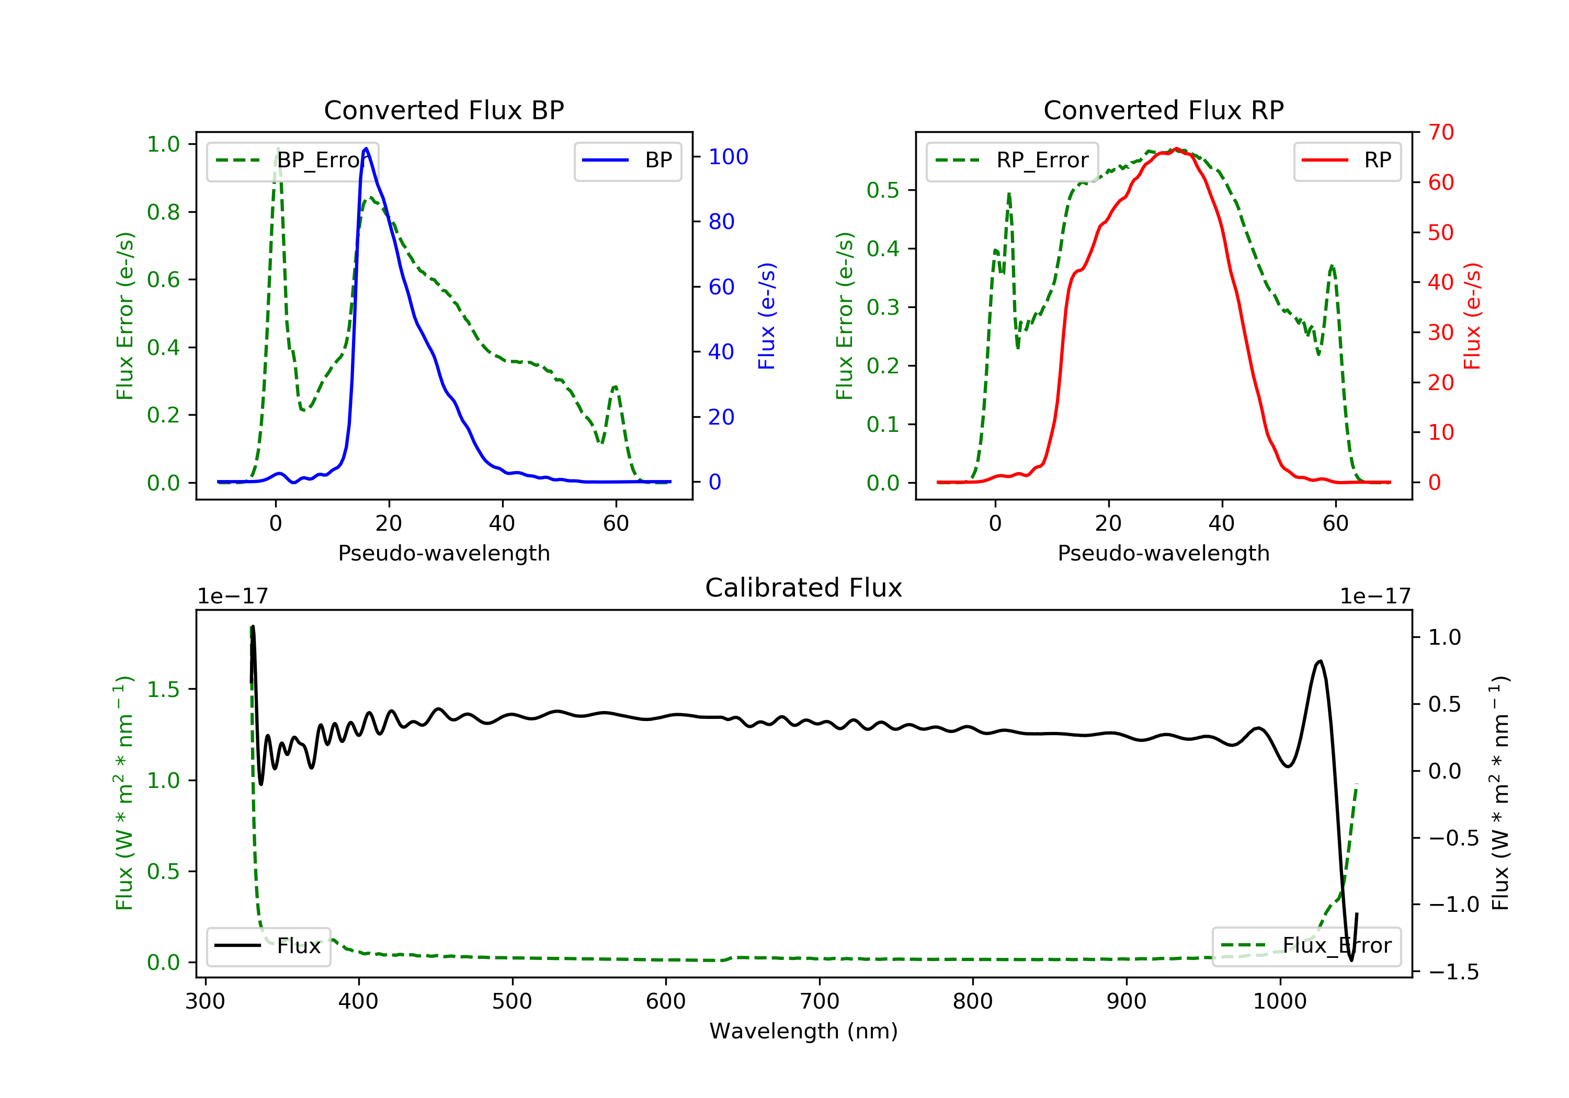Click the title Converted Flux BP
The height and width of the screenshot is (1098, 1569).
tap(444, 110)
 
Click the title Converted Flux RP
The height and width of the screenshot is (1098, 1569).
tap(1163, 110)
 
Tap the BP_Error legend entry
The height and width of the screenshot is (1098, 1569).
tap(292, 161)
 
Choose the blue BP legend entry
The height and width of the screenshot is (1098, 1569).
tap(627, 161)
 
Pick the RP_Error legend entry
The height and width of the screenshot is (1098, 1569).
tap(1012, 161)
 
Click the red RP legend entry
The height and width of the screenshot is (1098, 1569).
tap(1347, 161)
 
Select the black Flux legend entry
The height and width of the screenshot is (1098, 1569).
tap(268, 946)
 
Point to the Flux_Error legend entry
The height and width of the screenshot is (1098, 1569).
tap(1306, 946)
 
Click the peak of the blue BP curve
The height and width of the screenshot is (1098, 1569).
tap(366, 148)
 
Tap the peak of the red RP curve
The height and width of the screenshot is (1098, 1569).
tap(1176, 149)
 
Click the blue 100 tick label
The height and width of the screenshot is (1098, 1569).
tap(728, 157)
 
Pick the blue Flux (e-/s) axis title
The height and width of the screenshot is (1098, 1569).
tap(767, 316)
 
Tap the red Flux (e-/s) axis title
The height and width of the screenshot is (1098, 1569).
tap(1472, 316)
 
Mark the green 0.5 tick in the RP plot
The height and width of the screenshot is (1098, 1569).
tap(883, 190)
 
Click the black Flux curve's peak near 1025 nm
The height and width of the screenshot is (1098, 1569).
tap(1320, 661)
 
